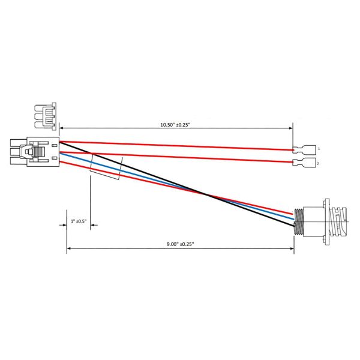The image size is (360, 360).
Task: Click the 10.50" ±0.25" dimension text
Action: coord(175,125)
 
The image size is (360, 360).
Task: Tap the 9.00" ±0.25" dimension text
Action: coord(180,244)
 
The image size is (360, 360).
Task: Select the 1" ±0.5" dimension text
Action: coord(79,221)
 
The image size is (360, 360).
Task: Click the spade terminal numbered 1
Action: coord(304,149)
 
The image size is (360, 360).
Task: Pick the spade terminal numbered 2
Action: coord(304,163)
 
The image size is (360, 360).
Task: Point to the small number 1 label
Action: coord(319,149)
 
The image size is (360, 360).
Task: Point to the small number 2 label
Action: coord(318,164)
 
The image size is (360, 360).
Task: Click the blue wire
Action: coord(177,186)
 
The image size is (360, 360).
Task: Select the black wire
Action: coord(177,184)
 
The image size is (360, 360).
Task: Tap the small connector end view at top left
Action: coord(45,116)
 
